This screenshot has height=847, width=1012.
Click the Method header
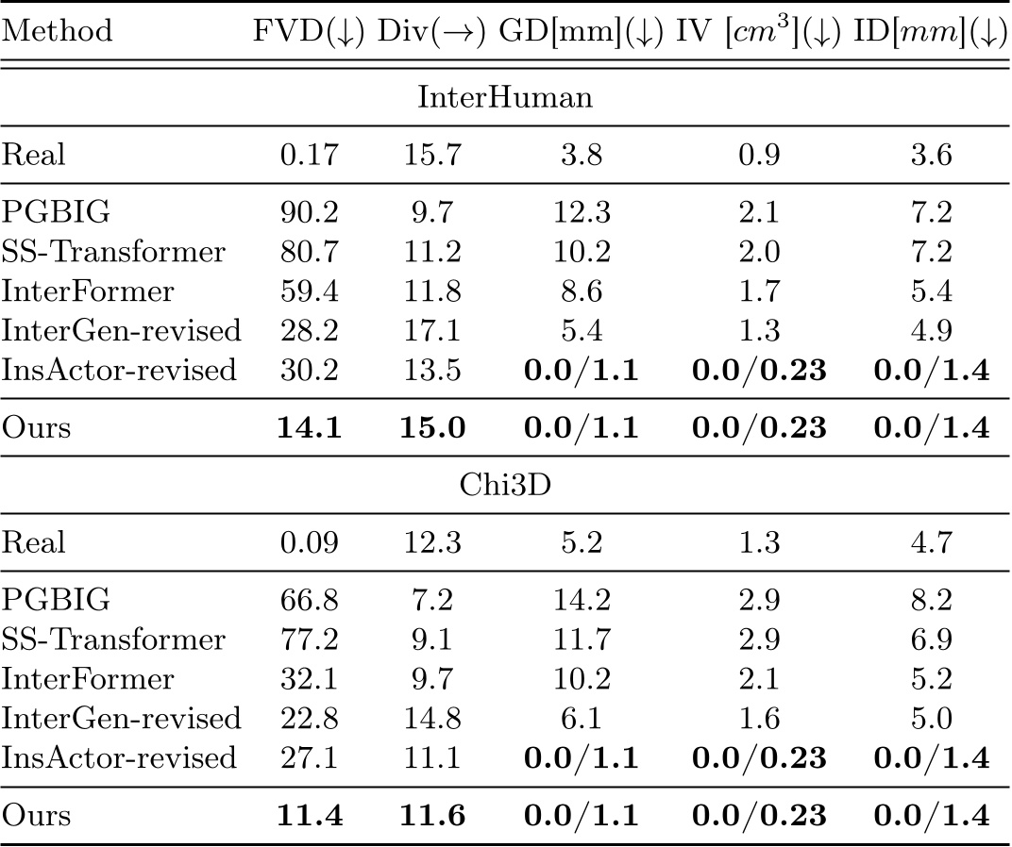pos(57,30)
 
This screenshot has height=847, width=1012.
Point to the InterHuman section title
pos(505,97)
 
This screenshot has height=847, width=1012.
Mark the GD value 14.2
pos(578,602)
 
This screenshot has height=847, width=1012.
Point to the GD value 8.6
pos(578,292)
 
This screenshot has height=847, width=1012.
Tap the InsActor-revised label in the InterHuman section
pos(118,371)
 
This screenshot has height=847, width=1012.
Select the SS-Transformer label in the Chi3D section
pos(113,640)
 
